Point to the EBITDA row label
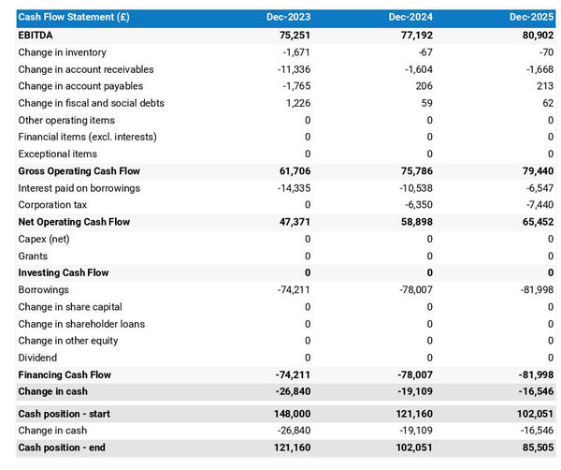point(36,35)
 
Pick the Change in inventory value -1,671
point(295,52)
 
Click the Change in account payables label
point(79,86)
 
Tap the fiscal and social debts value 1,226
point(297,103)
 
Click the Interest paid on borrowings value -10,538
point(411,188)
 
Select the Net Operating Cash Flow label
point(74,222)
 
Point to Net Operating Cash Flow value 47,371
point(293,222)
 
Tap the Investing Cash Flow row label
point(63,272)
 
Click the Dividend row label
point(37,358)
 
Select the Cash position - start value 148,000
point(290,414)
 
